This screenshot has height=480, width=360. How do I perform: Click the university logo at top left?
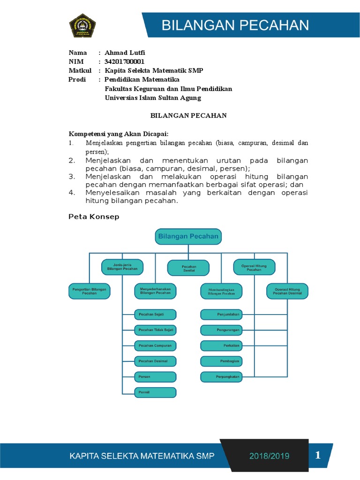[82, 26]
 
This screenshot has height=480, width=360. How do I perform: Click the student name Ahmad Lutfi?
[122, 52]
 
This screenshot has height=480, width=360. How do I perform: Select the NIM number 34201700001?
[125, 61]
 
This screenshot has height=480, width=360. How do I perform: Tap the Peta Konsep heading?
[94, 217]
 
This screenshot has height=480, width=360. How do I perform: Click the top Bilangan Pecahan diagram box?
[188, 237]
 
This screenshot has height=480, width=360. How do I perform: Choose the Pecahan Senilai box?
[189, 269]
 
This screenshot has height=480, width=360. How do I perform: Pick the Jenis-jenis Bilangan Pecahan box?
[122, 268]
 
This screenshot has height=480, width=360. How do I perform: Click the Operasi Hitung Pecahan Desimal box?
[287, 291]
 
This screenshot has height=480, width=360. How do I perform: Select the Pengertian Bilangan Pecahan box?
[89, 291]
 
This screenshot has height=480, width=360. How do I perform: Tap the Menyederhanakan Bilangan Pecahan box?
[156, 291]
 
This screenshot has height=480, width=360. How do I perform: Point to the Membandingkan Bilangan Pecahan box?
[221, 291]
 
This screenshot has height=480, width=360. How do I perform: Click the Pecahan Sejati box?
[155, 314]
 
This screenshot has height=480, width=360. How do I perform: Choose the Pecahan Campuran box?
[155, 345]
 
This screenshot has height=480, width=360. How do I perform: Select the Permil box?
[155, 392]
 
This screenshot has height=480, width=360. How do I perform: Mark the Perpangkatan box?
[221, 376]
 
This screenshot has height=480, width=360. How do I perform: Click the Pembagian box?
[221, 361]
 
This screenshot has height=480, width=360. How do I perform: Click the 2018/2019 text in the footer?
[269, 456]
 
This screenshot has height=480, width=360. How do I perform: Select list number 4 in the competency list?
[72, 192]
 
